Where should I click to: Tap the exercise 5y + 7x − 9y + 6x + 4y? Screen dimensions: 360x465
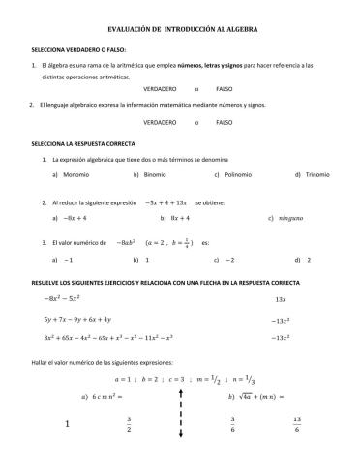coord(77,319)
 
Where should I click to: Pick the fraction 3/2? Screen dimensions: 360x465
coord(128,424)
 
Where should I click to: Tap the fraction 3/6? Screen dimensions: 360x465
coord(233,424)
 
